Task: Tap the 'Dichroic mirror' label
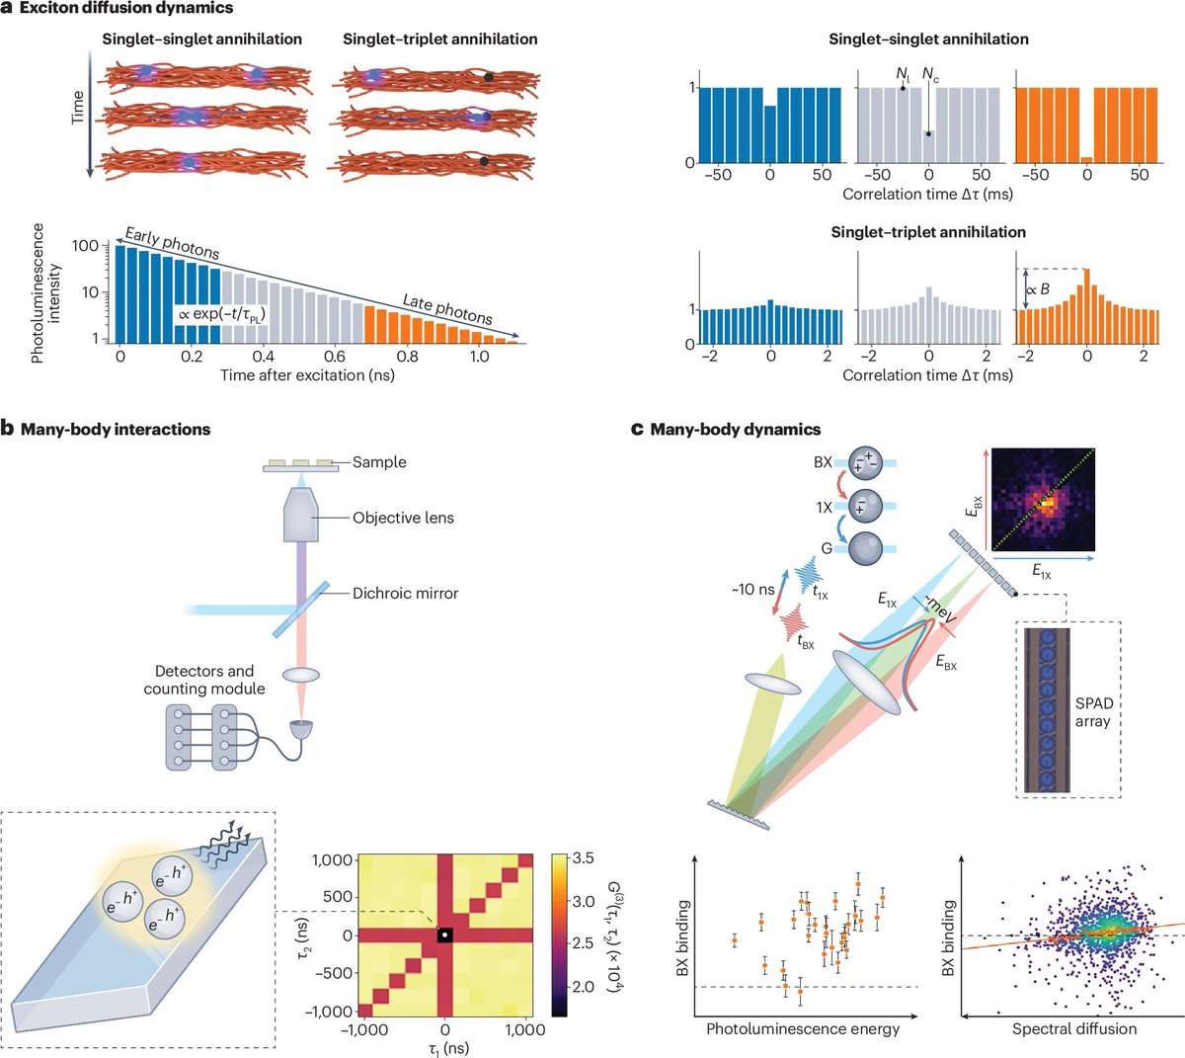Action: click(405, 594)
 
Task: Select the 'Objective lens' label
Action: click(403, 518)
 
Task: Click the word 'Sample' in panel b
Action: click(379, 462)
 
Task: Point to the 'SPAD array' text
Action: click(1093, 712)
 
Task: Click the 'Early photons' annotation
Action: click(172, 243)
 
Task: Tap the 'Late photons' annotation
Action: click(447, 308)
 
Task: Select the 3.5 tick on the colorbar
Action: click(584, 859)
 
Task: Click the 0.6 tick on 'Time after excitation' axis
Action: click(336, 357)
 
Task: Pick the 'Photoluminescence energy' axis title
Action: click(803, 1029)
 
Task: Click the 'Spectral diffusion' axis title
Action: click(1074, 1029)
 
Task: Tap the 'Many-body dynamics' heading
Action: click(735, 430)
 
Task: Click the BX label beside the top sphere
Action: click(823, 462)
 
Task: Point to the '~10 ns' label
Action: click(753, 590)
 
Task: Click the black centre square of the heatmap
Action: click(445, 935)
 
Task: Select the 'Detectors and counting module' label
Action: click(204, 680)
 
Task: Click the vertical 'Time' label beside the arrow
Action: click(78, 107)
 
